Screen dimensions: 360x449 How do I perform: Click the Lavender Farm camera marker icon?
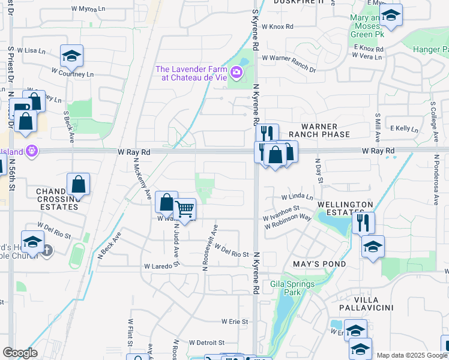[x=237, y=73]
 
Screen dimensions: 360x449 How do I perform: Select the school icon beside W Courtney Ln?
[x=72, y=56]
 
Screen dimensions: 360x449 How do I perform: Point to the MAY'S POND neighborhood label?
[x=319, y=264]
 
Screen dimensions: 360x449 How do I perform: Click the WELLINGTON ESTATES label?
[x=341, y=208]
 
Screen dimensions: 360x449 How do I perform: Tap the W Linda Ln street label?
[x=297, y=197]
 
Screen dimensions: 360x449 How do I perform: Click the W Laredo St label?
[x=162, y=266]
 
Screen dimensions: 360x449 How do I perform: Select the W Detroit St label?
[x=206, y=343]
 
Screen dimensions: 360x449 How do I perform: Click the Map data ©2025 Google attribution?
[x=412, y=355]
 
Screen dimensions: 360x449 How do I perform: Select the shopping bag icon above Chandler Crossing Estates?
[x=79, y=184]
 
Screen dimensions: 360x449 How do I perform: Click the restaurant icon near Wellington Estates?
[x=363, y=223]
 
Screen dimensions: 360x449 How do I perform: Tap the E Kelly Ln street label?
[x=403, y=128]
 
